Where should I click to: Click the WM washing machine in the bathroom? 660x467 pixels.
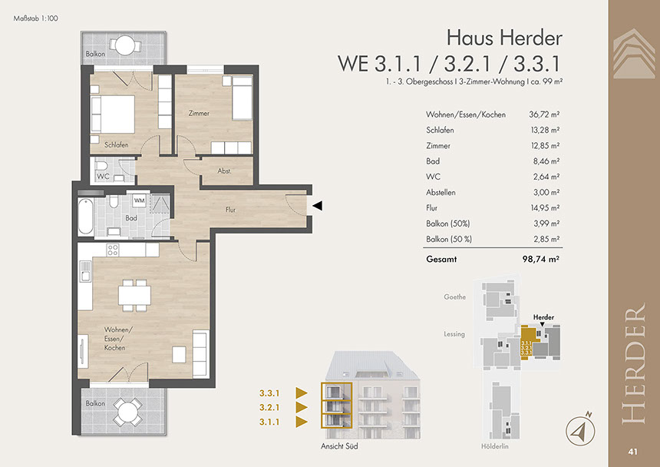(139, 201)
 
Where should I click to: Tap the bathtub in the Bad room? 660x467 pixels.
(85, 217)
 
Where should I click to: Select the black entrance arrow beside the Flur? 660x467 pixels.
(318, 206)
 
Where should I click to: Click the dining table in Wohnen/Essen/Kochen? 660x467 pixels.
(135, 295)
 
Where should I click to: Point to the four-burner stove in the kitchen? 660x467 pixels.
(112, 250)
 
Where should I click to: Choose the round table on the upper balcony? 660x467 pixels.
(125, 45)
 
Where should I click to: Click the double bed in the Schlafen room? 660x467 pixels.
(113, 114)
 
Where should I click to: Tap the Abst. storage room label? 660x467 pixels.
(224, 171)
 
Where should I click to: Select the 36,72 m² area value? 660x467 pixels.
(544, 114)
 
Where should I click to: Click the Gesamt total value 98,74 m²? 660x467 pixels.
(541, 259)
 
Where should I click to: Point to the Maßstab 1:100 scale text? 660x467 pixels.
(36, 18)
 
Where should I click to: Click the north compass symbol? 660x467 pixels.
(580, 430)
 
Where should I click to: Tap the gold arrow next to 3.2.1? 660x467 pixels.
(302, 407)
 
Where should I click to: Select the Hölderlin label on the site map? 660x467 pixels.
(494, 446)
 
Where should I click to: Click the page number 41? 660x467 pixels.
(632, 452)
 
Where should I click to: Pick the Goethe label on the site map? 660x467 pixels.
(454, 297)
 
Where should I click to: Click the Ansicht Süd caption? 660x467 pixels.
(339, 446)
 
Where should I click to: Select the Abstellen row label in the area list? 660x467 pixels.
(441, 193)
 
